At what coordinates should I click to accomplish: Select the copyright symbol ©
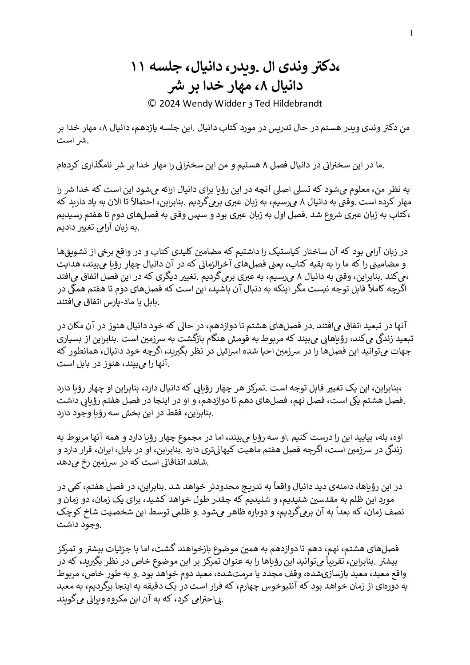[x=151, y=104]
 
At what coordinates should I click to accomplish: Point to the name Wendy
[x=201, y=104]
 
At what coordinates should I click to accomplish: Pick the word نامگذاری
[x=113, y=166]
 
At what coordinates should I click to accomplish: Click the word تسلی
[x=321, y=191]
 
